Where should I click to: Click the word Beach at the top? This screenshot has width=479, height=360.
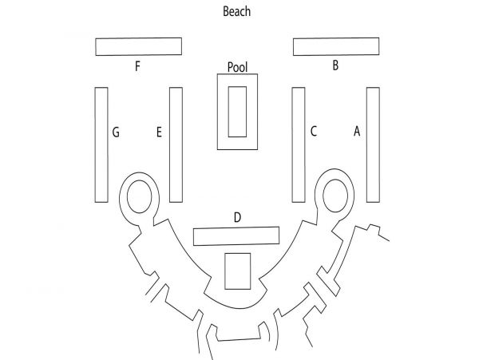[237, 11]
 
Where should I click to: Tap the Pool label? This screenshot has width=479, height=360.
[237, 67]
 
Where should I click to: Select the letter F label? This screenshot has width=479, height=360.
[137, 66]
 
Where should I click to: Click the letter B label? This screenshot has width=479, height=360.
[335, 65]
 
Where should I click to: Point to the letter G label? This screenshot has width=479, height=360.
[116, 133]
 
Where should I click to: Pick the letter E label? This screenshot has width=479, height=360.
[159, 133]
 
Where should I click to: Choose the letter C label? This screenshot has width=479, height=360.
[314, 131]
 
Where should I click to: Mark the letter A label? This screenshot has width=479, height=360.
[357, 131]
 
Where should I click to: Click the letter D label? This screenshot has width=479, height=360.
[237, 217]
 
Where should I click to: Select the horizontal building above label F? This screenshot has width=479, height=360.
[139, 47]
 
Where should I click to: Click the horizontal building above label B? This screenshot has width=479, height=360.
[336, 47]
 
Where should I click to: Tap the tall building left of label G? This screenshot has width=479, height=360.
[101, 144]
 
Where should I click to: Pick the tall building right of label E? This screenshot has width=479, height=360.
[176, 144]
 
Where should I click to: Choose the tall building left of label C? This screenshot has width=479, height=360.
[299, 144]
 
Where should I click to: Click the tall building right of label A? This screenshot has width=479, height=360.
[374, 144]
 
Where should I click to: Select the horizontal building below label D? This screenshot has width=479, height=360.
[236, 236]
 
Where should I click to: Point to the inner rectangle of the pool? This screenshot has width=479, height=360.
[237, 112]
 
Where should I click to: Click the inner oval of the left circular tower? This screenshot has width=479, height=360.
[139, 196]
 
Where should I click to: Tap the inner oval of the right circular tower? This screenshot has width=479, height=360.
[335, 196]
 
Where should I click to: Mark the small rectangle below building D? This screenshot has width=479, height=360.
[238, 271]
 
